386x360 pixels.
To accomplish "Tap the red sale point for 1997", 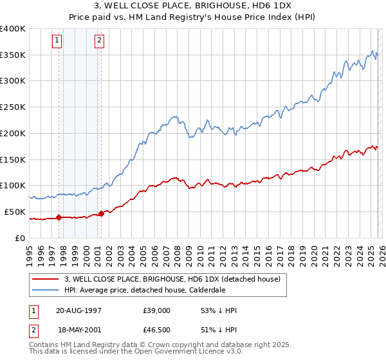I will pos(59,217).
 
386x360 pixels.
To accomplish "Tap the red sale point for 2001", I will pos(101,213).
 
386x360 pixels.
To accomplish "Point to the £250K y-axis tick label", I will pos(13,107).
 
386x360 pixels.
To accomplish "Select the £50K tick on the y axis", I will pos(15,212).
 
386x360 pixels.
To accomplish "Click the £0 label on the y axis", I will pos(21,238).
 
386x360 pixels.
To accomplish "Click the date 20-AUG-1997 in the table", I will pos(78,310).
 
